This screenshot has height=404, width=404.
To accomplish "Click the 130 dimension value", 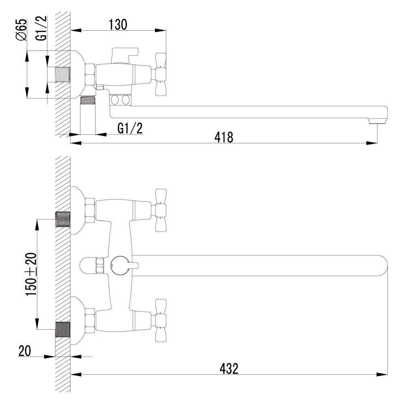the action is tap(118, 25).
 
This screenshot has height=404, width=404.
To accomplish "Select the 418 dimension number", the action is tap(224, 137).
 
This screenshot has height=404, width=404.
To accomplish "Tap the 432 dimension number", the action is tap(229, 368).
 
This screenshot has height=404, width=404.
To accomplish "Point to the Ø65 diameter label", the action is tap(21, 29).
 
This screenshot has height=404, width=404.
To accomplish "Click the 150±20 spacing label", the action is tap(31, 274).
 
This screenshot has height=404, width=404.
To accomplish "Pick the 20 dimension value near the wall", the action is tap(25, 351).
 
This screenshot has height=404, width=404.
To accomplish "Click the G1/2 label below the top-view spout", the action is tap(130, 128).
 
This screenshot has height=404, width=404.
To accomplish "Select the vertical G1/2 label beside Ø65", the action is tap(41, 28).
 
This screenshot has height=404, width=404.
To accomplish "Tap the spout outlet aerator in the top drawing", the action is tap(378, 121).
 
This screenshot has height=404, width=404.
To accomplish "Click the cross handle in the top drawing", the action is tap(160, 74).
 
